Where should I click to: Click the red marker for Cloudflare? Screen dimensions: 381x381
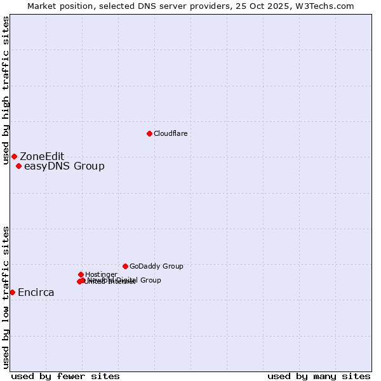[149, 133]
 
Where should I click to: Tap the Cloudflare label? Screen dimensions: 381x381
[170, 133]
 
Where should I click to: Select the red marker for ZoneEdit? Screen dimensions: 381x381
[14, 156]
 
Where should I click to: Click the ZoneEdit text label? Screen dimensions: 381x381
[42, 156]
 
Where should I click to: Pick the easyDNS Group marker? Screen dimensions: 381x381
[18, 166]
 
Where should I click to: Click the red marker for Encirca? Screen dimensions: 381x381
[12, 292]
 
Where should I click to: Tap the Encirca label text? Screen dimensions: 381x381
[36, 293]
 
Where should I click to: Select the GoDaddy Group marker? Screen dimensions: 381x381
[125, 266]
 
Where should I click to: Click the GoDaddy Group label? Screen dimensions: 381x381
[156, 266]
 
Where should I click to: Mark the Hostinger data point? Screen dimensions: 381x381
[81, 274]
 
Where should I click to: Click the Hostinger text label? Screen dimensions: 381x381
[100, 274]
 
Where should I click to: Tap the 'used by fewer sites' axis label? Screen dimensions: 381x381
[65, 376]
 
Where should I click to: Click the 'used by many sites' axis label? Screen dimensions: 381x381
[319, 376]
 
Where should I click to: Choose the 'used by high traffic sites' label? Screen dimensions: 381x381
[6, 90]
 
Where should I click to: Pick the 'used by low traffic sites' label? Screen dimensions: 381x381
[6, 297]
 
